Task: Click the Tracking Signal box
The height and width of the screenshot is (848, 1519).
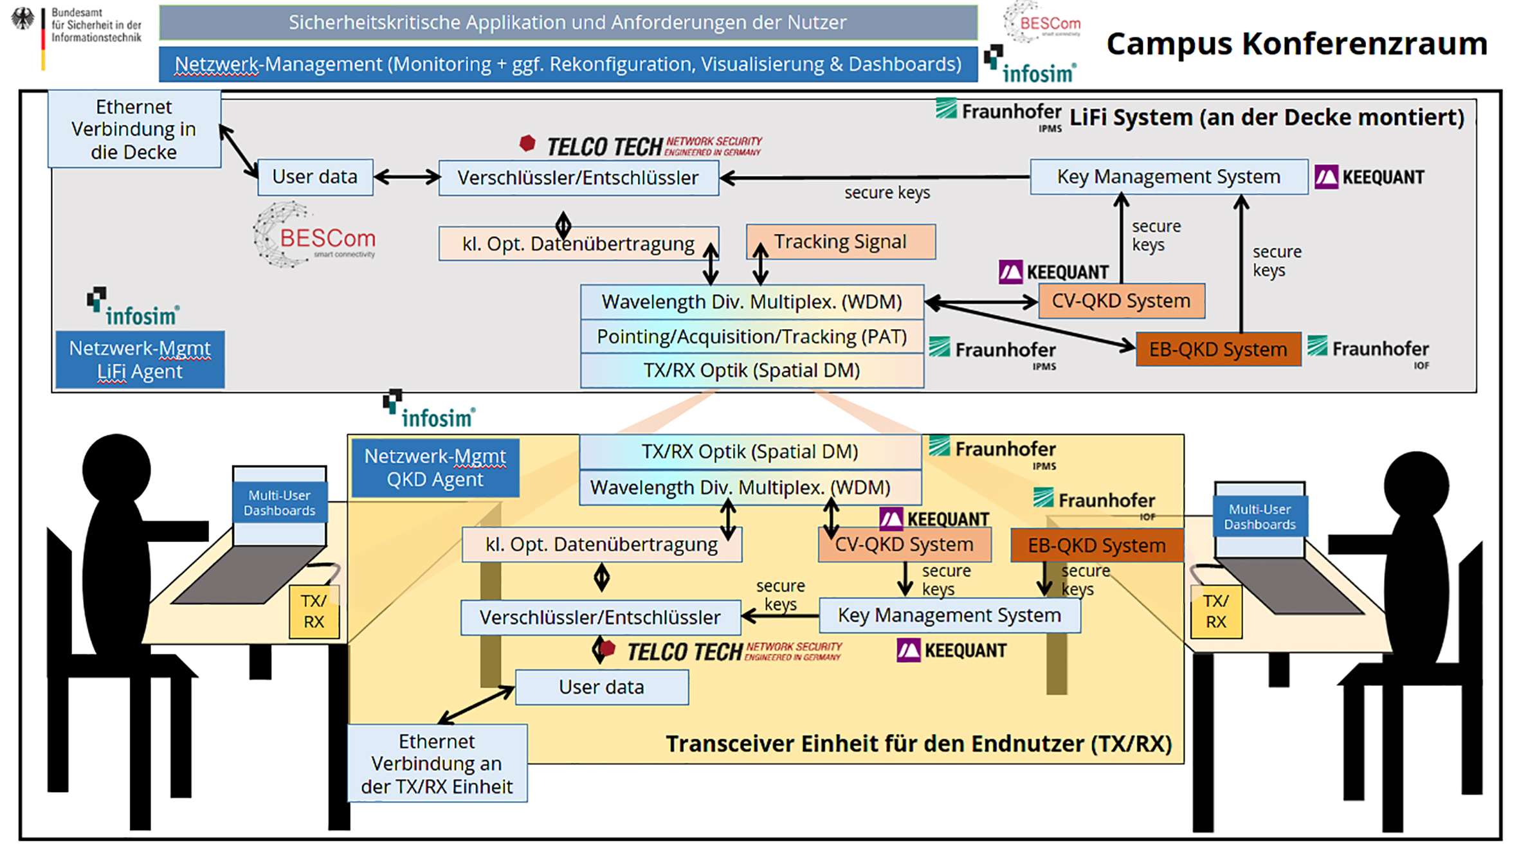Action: [841, 242]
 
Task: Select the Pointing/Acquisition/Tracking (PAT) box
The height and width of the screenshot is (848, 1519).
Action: [752, 336]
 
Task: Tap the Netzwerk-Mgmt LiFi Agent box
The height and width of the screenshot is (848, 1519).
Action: [140, 359]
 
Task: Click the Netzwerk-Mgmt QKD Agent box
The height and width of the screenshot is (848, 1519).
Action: [435, 467]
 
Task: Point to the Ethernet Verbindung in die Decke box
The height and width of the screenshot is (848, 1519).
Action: [134, 129]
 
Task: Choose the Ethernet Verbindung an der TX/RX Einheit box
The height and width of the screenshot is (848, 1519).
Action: [437, 763]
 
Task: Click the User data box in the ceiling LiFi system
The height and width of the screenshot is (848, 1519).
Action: [315, 177]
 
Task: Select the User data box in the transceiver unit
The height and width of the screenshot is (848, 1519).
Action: [602, 687]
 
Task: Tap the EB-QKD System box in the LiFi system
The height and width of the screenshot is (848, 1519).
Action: [1218, 349]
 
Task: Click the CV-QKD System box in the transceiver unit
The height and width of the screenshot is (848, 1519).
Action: [904, 545]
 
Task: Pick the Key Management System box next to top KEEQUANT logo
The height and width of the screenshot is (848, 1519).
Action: [1169, 177]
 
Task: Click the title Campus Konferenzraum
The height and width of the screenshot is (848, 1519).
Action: [1296, 44]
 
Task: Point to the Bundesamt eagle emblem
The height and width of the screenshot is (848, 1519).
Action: [23, 19]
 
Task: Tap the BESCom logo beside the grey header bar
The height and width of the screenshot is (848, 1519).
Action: [1042, 23]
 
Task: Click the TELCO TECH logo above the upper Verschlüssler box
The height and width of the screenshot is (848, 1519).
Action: [641, 146]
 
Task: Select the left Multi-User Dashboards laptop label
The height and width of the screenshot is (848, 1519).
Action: [280, 503]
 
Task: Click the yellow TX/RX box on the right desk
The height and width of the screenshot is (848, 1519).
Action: [1215, 611]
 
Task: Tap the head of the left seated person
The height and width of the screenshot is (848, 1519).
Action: [116, 468]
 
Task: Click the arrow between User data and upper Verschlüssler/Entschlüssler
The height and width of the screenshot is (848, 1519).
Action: [406, 177]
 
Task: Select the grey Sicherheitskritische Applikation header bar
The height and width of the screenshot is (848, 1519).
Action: [568, 23]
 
